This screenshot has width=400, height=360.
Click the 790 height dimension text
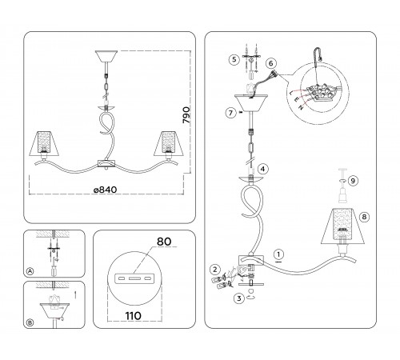186,115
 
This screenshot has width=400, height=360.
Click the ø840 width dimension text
106,190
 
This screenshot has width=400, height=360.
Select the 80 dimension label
164,242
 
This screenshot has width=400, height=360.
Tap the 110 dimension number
134,316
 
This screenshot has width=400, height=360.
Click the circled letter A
30,271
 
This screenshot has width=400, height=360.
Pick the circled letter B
30,322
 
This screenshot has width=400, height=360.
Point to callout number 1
279,254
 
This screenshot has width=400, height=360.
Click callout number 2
215,270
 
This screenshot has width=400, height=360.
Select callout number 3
239,298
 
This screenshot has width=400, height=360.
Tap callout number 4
263,169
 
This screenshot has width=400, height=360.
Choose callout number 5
234,59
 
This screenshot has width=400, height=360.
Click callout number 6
271,63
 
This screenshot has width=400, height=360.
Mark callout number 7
231,113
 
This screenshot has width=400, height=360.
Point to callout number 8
365,217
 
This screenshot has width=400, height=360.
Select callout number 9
353,181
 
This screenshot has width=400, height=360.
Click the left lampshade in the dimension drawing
44,143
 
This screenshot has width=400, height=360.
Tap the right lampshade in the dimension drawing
168,143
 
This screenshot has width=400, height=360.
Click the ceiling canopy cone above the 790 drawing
106,56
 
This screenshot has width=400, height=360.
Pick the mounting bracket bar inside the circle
134,278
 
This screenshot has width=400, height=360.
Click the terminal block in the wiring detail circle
321,93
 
